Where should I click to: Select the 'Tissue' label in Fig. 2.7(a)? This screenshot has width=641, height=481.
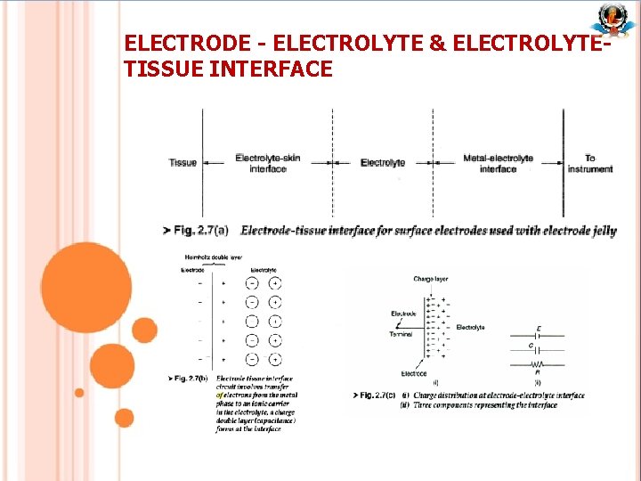pyautogui.click(x=183, y=163)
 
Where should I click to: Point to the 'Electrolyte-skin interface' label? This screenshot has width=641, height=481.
pyautogui.click(x=267, y=163)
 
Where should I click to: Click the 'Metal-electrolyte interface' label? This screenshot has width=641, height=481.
pyautogui.click(x=498, y=163)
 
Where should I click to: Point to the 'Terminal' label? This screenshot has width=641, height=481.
pyautogui.click(x=401, y=334)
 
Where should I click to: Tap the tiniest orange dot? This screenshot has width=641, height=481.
pyautogui.click(x=79, y=392)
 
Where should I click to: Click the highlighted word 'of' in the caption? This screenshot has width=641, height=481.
pyautogui.click(x=220, y=395)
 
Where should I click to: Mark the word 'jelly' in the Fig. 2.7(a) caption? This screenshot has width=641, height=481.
pyautogui.click(x=603, y=231)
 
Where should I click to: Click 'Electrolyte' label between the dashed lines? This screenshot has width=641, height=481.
pyautogui.click(x=383, y=163)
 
